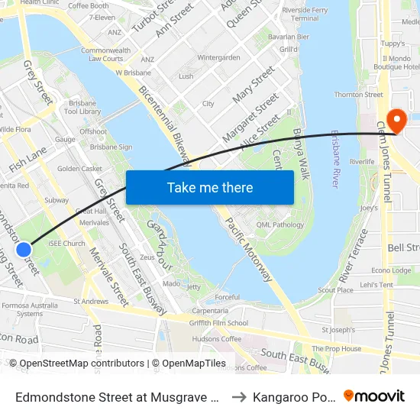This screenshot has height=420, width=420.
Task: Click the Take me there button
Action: [x=210, y=187]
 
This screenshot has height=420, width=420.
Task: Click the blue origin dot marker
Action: [x=24, y=249]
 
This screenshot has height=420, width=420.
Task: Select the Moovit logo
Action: [x=374, y=396]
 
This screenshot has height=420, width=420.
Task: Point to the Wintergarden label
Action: [x=218, y=57]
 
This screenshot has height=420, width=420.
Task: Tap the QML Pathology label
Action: [x=280, y=225]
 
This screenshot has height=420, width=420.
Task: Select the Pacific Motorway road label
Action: [x=249, y=249]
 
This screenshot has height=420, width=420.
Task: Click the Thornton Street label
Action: [x=358, y=95]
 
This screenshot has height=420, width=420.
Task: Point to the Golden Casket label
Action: [x=79, y=169]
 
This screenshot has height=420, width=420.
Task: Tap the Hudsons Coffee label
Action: [x=217, y=338]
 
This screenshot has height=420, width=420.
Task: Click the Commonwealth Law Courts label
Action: [x=102, y=54]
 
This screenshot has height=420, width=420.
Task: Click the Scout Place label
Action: [x=335, y=290]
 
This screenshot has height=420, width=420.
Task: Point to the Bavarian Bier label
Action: [x=289, y=36]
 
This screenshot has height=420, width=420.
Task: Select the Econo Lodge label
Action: [x=391, y=270]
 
